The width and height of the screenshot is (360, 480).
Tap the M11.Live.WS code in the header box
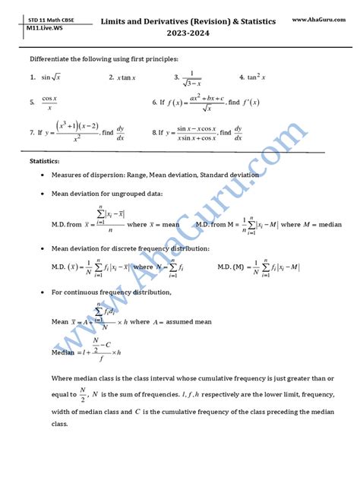(42, 26)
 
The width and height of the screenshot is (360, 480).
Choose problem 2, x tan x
(122, 77)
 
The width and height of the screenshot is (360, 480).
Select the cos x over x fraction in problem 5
(49, 102)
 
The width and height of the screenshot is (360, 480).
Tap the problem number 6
(153, 102)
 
